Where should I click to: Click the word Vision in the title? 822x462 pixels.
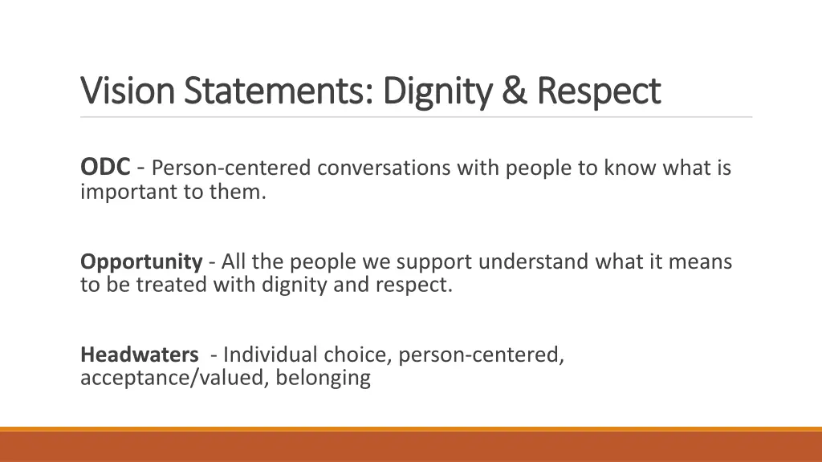point(127,91)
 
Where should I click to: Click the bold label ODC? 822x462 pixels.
point(105,168)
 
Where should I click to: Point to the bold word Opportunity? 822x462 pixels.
point(141,261)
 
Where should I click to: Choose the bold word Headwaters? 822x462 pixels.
point(140,355)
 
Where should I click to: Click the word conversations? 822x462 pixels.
point(384,168)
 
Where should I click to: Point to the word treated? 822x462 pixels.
point(171,285)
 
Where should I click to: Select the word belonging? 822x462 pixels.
point(323,378)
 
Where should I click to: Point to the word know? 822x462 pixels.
point(625,168)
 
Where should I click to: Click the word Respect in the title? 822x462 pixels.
point(598,91)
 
